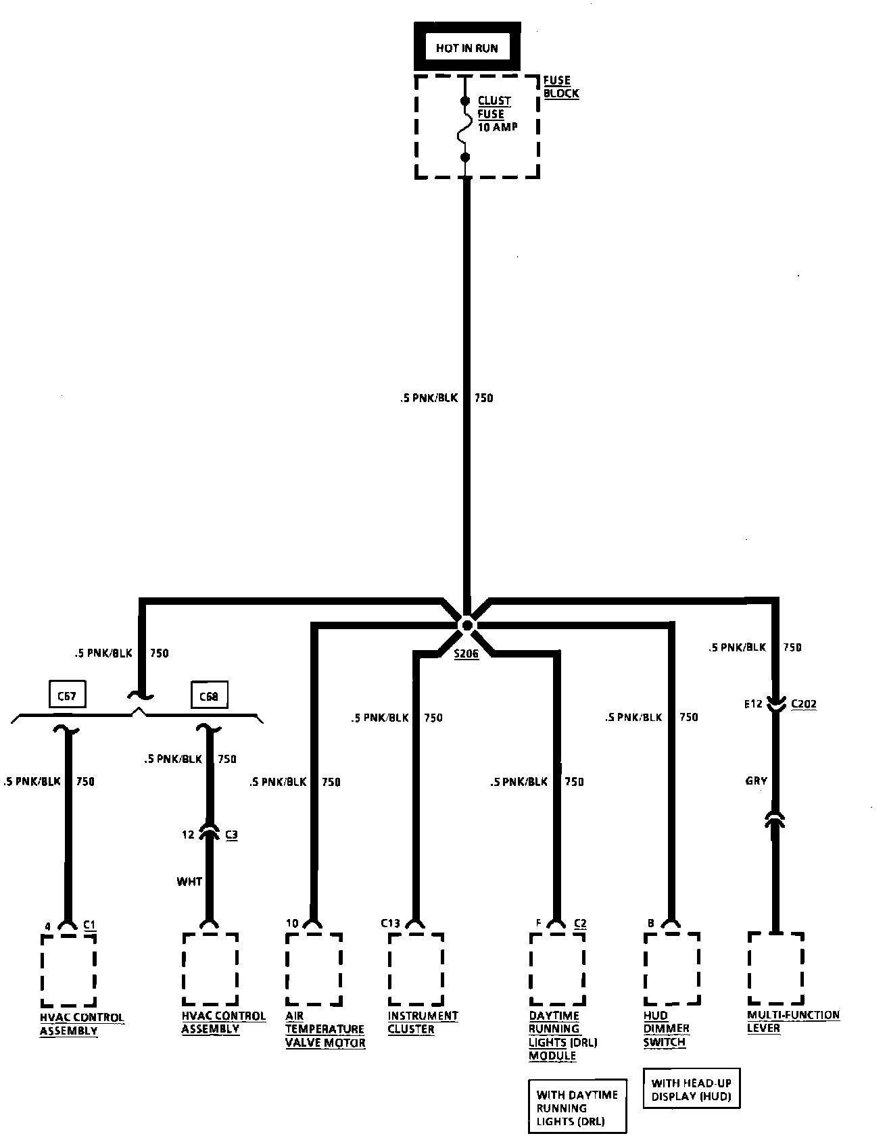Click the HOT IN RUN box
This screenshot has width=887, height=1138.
pos(466,48)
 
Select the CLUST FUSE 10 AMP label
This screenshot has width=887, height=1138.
pos(497,114)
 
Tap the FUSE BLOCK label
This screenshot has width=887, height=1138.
pos(560,86)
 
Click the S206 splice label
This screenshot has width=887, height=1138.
pos(466,654)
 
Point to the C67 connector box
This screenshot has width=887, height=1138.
pos(67,695)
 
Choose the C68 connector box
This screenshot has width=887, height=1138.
pos(209,696)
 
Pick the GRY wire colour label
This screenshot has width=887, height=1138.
pos(756,781)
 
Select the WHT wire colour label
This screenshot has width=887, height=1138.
pos(189,881)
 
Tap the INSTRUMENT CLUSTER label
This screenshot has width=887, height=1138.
pos(423,1022)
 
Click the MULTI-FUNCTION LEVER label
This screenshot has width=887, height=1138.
pos(793,1022)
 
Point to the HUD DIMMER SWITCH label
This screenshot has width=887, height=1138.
pos(666,1029)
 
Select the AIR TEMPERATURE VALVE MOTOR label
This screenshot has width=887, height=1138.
pos(325,1029)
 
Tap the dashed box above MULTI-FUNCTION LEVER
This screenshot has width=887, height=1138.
pos(775,968)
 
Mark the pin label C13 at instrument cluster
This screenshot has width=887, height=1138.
pos(390,923)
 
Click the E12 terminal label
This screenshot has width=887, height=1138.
pos(753,704)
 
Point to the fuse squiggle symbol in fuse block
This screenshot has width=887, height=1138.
pos(465,129)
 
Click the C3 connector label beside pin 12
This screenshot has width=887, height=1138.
pos(231,835)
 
